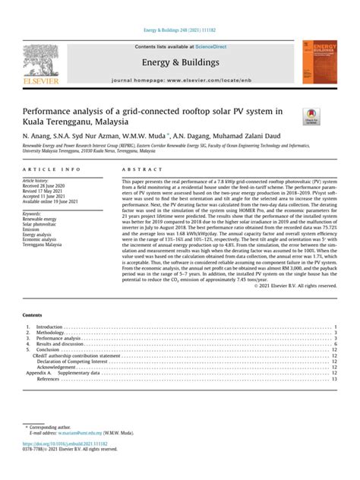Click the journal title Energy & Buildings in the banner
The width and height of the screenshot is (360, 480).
181,62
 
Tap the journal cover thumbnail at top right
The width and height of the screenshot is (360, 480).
318,62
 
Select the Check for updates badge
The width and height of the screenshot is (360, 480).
311,115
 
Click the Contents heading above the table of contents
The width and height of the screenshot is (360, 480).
33,314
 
